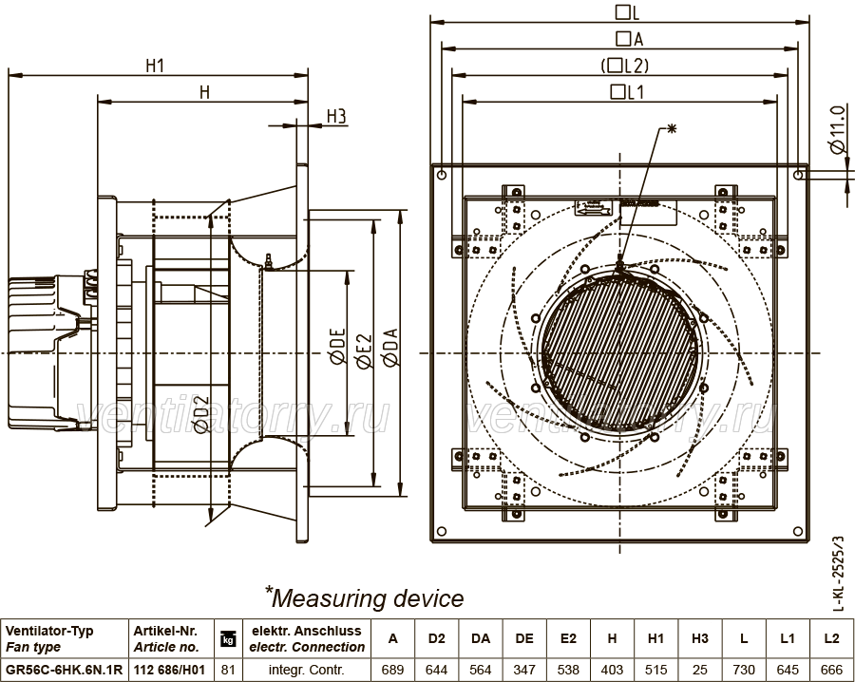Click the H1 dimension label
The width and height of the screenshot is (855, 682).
point(155,66)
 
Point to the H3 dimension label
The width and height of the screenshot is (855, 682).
point(336,116)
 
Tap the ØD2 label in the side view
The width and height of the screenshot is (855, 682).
point(201,414)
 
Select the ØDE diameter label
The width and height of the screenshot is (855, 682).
point(337,346)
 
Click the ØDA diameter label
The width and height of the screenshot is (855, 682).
point(390,347)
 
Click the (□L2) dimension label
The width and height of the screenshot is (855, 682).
point(625,66)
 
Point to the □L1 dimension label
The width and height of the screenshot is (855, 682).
point(628,91)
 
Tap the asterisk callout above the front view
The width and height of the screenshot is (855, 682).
point(672,128)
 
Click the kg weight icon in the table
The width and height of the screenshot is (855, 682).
point(227,638)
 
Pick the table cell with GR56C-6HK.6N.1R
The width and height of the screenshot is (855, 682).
point(64,670)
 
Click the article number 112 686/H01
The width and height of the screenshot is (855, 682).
point(169,670)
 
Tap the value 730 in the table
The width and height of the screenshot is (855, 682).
point(744,670)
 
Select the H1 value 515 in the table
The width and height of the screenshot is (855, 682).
point(655,670)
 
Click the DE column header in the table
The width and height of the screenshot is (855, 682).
point(524,638)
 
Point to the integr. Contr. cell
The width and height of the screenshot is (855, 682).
point(307,670)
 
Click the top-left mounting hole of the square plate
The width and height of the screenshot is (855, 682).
point(442,175)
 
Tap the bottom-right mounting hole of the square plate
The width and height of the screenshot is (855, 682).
point(798,531)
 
